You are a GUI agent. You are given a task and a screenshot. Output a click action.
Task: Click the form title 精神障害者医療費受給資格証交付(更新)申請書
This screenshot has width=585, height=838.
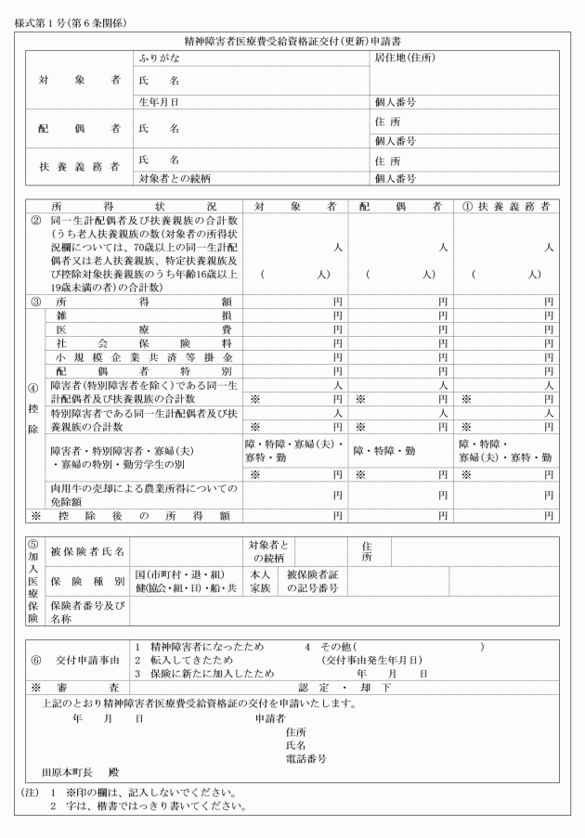point(292,42)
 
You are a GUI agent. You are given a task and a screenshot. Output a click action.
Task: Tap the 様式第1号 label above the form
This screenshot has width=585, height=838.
point(72,19)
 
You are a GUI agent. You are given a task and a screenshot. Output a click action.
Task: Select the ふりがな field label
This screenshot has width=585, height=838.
point(159,58)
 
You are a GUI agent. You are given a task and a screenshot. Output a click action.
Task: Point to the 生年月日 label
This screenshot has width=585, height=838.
point(159,101)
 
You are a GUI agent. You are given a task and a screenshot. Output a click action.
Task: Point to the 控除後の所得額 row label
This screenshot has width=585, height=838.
point(139,515)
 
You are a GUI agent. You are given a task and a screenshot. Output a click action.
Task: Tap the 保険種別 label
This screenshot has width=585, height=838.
point(87,581)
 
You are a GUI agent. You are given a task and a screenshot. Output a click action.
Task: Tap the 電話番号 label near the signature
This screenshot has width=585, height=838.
point(306,758)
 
